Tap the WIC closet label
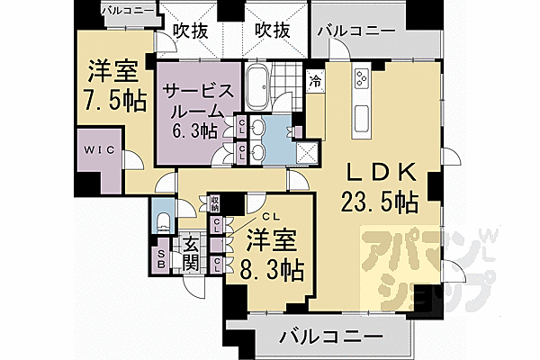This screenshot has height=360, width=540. pos(98,150)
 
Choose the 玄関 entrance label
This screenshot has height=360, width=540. pos(190,253)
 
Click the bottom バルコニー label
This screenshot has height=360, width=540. pos(325,338)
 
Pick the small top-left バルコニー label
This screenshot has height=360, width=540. pos(129,11)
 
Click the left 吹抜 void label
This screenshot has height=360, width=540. pos(191,31)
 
